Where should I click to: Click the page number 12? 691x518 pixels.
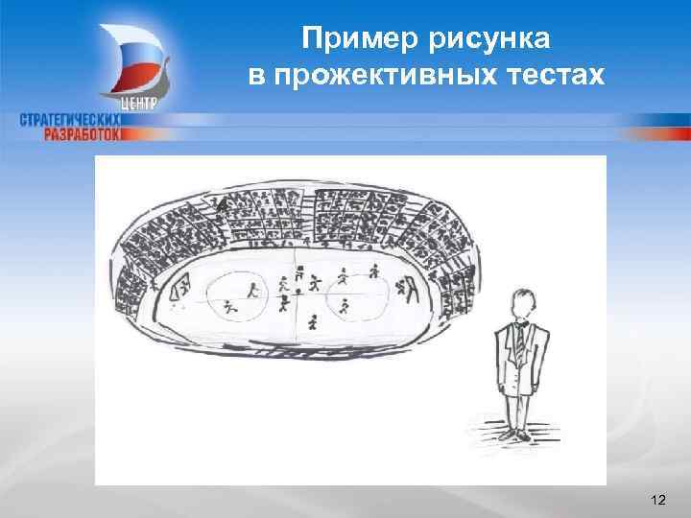tap(657, 499)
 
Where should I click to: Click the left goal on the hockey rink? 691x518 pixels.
tap(179, 288)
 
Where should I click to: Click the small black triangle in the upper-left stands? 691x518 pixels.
tap(222, 206)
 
